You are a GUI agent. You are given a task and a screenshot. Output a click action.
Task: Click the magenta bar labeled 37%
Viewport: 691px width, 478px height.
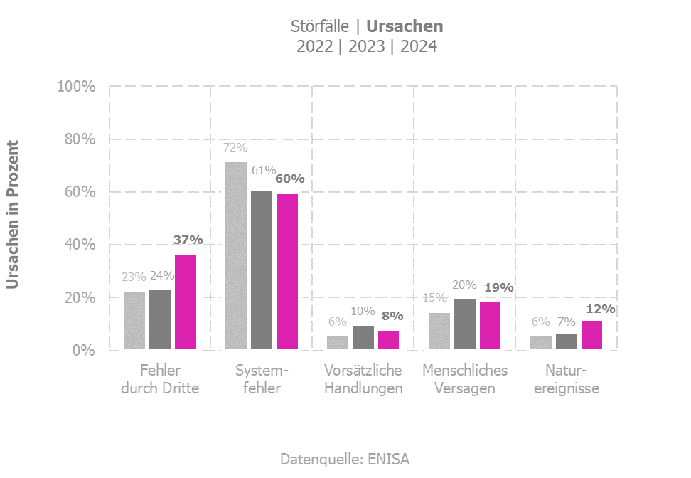[186, 302]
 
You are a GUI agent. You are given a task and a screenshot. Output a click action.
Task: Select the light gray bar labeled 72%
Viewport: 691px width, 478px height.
[236, 256]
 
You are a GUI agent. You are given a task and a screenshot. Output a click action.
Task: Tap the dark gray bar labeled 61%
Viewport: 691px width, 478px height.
[262, 270]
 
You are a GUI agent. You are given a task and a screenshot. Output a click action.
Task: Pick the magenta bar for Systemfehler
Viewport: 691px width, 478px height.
[287, 272]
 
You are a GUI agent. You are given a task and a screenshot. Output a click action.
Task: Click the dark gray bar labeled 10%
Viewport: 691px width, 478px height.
[363, 338]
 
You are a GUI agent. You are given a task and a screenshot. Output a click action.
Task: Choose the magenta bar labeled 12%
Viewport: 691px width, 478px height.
[591, 335]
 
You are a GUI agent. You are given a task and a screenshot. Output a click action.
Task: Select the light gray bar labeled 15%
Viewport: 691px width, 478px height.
[439, 331]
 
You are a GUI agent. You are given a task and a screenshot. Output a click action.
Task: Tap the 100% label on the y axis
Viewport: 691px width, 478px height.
[76, 87]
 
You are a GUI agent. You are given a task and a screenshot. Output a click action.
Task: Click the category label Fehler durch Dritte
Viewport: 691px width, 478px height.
[160, 380]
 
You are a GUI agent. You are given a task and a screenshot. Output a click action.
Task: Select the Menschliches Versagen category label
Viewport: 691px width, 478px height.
[465, 380]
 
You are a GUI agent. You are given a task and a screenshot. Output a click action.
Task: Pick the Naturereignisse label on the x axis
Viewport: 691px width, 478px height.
[567, 380]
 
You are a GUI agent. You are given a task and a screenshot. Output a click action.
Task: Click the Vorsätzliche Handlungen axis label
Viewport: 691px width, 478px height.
[363, 380]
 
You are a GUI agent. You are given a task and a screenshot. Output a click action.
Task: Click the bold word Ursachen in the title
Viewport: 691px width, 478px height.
[405, 27]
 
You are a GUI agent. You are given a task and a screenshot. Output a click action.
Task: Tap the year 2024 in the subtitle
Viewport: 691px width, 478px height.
[418, 47]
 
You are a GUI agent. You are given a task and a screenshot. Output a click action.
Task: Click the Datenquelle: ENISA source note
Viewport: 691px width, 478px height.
[345, 459]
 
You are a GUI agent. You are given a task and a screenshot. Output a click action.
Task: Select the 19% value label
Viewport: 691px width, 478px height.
[499, 288]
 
